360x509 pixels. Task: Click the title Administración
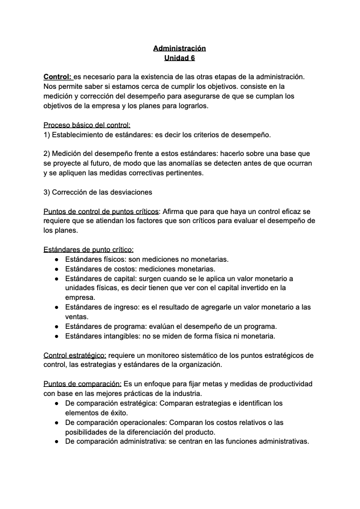pyautogui.click(x=179, y=48)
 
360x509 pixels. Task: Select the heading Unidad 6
pyautogui.click(x=179, y=58)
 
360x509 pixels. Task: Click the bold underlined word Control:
pyautogui.click(x=57, y=77)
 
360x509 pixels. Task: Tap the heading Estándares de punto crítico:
pyautogui.click(x=89, y=249)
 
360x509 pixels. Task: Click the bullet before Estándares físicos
pyautogui.click(x=56, y=259)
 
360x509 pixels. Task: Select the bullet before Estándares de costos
pyautogui.click(x=56, y=268)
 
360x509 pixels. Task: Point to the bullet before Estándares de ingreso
pyautogui.click(x=56, y=307)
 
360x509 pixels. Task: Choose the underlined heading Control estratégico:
pyautogui.click(x=75, y=355)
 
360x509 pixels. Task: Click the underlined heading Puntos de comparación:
pyautogui.click(x=82, y=384)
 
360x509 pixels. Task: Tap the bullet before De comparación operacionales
pyautogui.click(x=56, y=422)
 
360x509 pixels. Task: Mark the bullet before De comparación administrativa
pyautogui.click(x=56, y=441)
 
